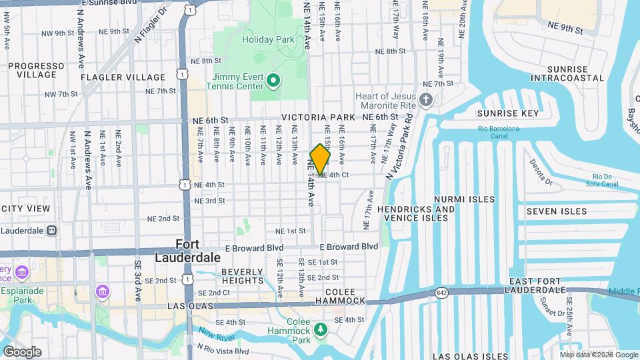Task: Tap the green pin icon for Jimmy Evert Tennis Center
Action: [x=273, y=81]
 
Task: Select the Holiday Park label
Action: [x=268, y=39]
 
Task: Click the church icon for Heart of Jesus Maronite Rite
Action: [x=427, y=100]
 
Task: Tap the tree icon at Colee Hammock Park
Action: [x=321, y=329]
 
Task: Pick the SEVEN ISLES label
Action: [x=557, y=211]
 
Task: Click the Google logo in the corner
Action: [x=22, y=351]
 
